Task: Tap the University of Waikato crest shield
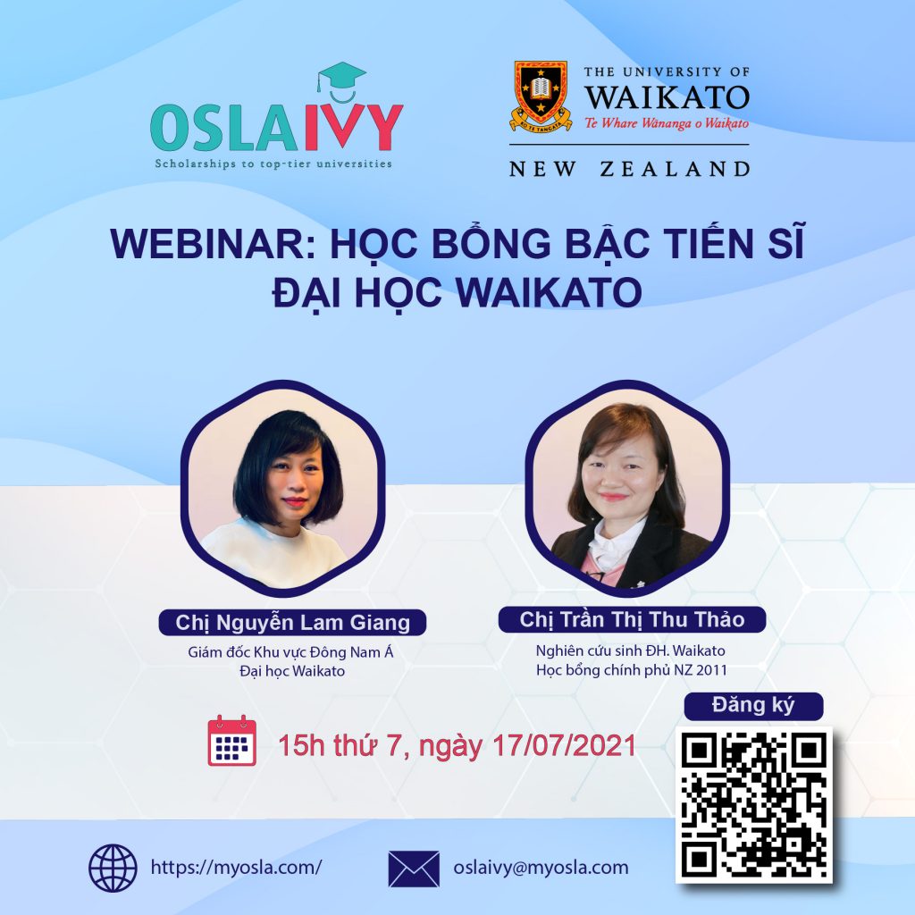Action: point(541,93)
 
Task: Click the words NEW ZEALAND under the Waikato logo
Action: point(629,168)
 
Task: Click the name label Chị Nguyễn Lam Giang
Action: point(292,622)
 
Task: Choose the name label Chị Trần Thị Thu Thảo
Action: point(632,619)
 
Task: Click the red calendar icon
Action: point(231,741)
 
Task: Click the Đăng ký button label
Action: point(753,705)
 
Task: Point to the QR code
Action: point(753,803)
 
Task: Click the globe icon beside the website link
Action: point(113,868)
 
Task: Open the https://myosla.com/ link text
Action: point(236,868)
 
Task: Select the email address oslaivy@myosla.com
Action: point(541,868)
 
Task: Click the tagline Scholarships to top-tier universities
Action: point(273,164)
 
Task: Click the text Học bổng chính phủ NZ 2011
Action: point(630,669)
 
